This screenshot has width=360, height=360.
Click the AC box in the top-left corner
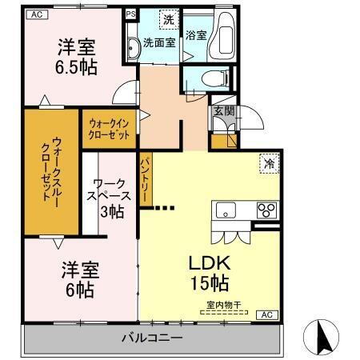click(x=34, y=13)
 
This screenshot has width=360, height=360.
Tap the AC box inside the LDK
click(x=266, y=314)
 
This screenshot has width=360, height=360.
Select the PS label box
click(x=130, y=14)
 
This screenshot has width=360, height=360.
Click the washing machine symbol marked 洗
click(x=168, y=18)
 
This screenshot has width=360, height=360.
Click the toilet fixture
click(x=210, y=78)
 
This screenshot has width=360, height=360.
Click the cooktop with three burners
click(x=266, y=210)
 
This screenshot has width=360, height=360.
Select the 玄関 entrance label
click(x=223, y=111)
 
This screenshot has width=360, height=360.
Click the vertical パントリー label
click(x=146, y=178)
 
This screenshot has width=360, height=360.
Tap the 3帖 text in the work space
click(x=112, y=211)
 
